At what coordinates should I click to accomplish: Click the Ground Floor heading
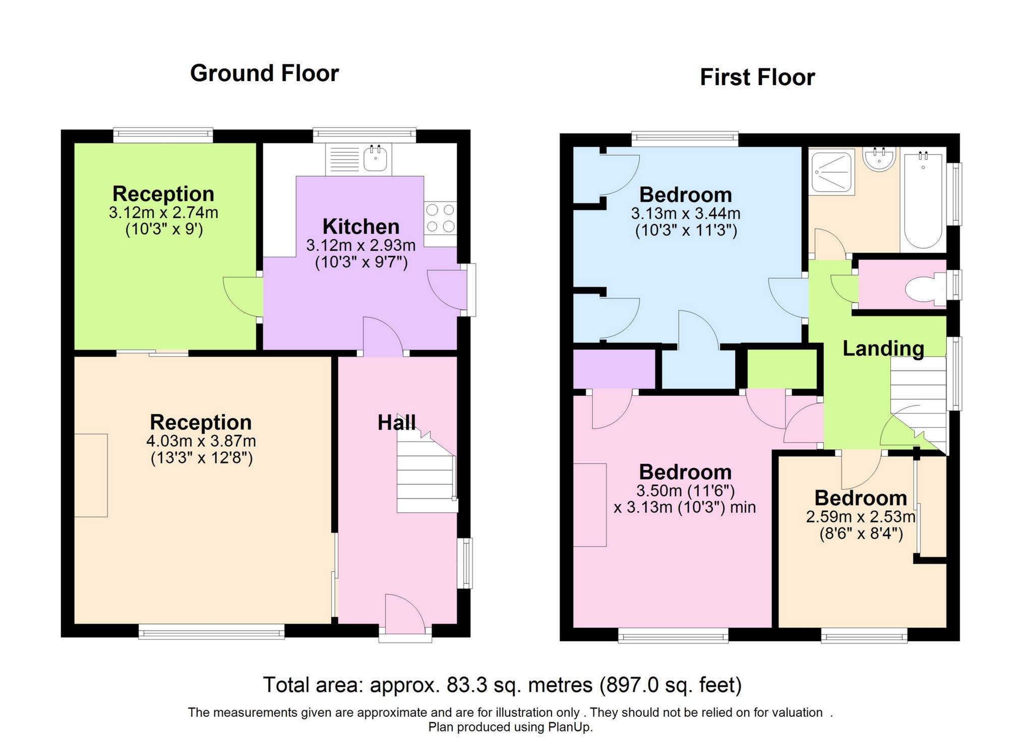(264, 74)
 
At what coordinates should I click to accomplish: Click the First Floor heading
(757, 78)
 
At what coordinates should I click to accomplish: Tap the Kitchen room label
(361, 227)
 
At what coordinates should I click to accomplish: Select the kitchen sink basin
(375, 159)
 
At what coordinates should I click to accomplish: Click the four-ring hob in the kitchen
(440, 218)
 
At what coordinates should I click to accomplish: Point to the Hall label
(397, 423)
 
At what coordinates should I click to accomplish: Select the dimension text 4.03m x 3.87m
(201, 441)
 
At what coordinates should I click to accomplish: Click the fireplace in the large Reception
(91, 475)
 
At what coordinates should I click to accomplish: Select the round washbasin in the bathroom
(879, 160)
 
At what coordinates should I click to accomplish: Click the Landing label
(883, 349)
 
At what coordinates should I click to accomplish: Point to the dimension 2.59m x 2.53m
(860, 517)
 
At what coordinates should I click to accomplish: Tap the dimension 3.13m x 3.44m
(686, 214)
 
